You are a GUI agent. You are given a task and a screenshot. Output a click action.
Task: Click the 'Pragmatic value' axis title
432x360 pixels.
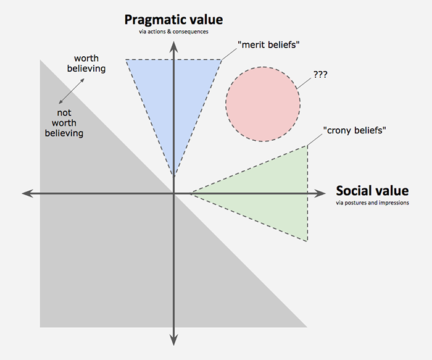pyautogui.click(x=173, y=19)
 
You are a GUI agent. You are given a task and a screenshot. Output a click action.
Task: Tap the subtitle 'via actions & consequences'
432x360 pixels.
pyautogui.click(x=173, y=31)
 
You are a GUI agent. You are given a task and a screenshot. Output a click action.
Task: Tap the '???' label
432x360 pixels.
pyautogui.click(x=320, y=74)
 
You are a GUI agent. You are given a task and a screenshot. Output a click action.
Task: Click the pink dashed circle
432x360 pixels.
pyautogui.click(x=262, y=103)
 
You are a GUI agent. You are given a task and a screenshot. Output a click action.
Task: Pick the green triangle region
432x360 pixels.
pyautogui.click(x=272, y=191)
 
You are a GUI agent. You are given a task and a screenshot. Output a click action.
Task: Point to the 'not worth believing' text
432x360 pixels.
pyautogui.click(x=64, y=123)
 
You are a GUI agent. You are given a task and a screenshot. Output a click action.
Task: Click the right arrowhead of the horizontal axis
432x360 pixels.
pyautogui.click(x=327, y=194)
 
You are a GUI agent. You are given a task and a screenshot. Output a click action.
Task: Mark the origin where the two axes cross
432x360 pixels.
pyautogui.click(x=174, y=194)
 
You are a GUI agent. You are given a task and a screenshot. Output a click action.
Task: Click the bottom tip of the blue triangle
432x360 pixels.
pyautogui.click(x=174, y=177)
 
